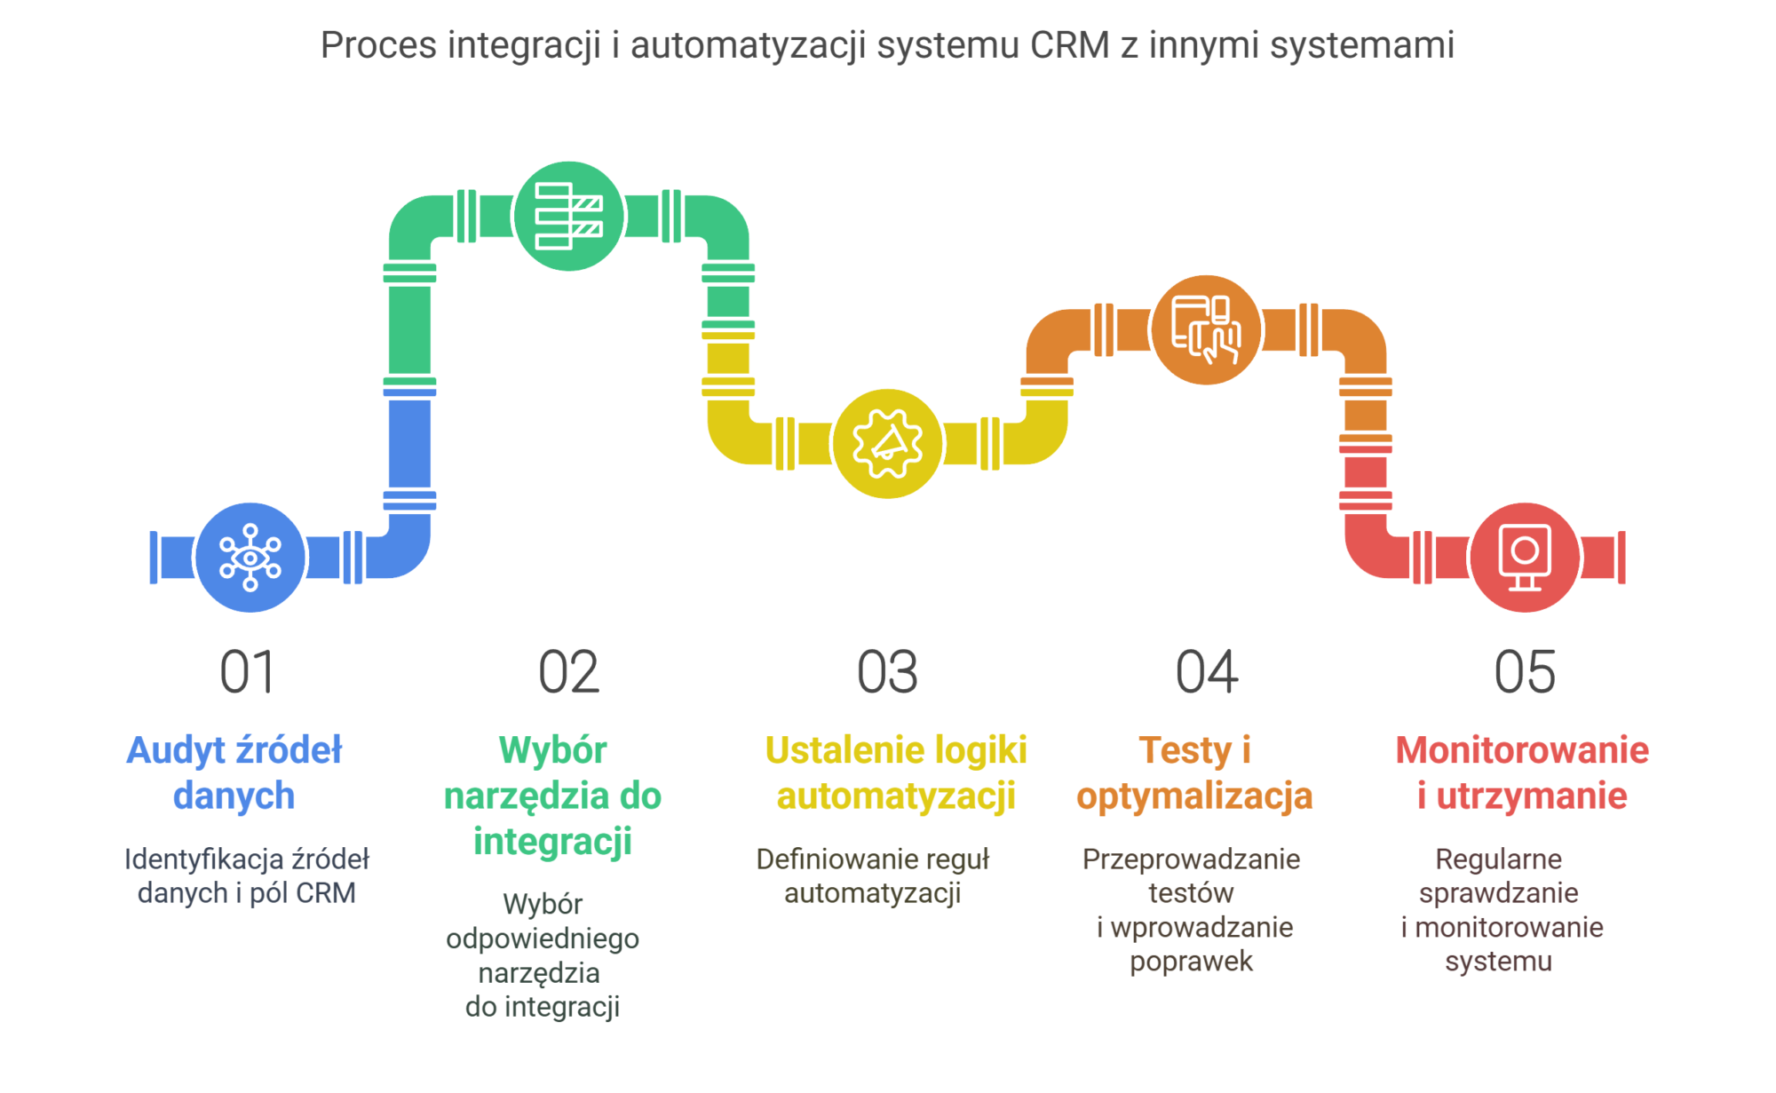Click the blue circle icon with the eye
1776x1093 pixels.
(250, 558)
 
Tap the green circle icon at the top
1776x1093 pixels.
(568, 216)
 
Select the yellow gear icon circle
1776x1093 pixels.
(887, 443)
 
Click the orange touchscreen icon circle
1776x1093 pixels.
(1206, 329)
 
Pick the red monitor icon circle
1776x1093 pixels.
(1525, 558)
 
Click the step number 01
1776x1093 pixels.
(248, 672)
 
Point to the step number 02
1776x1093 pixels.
(568, 672)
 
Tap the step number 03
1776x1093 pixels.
(887, 672)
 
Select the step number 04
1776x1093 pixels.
(1207, 672)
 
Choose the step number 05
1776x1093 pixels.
(1525, 672)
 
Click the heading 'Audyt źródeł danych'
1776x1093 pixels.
(234, 772)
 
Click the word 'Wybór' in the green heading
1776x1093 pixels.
(552, 751)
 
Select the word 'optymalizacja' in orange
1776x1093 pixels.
(1194, 797)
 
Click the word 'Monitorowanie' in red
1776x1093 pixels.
(1522, 751)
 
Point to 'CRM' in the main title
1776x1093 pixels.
(1070, 45)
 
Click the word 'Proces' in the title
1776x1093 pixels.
(378, 45)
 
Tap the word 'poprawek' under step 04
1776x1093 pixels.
(1191, 962)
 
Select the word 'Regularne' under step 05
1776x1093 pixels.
(1498, 859)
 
